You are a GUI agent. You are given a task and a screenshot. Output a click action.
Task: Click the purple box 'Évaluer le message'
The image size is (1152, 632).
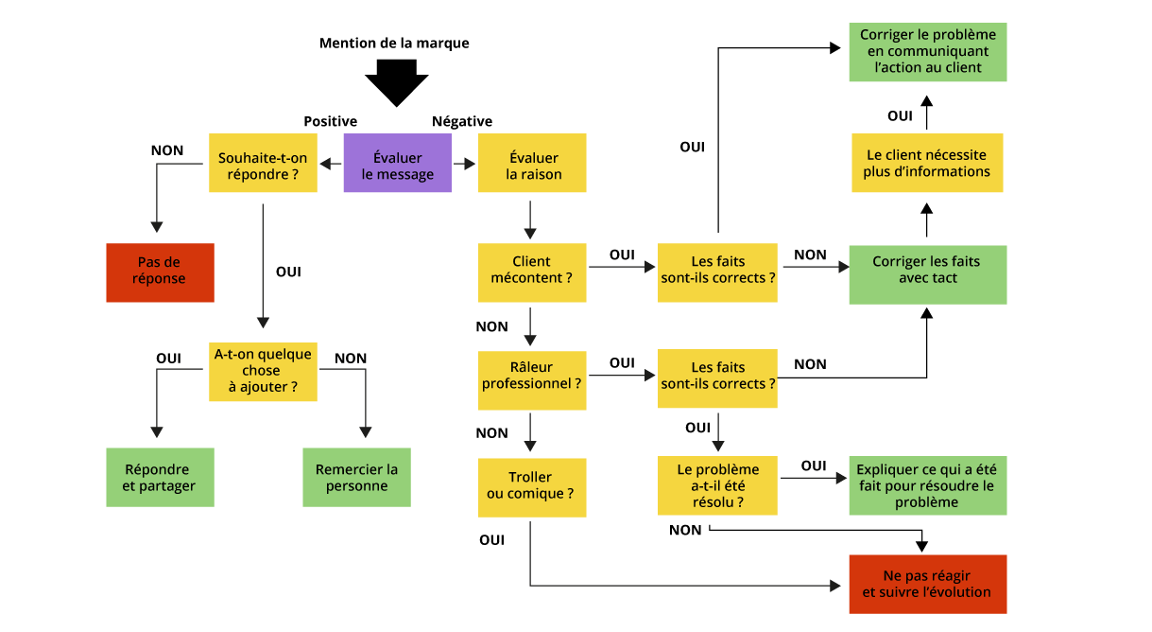coord(397,164)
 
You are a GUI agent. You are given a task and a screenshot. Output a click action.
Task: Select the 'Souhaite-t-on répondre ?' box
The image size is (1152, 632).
coord(263,164)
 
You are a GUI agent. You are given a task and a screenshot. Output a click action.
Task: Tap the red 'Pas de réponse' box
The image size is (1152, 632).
coord(160,272)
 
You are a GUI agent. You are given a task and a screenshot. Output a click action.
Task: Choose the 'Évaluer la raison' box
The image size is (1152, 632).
coord(532,164)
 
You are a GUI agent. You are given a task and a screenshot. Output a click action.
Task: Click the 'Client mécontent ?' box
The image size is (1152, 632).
coord(532,272)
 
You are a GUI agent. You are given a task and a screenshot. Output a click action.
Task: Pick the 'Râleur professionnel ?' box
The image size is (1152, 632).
coord(532,380)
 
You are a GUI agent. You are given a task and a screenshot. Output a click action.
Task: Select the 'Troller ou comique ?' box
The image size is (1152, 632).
coord(532,487)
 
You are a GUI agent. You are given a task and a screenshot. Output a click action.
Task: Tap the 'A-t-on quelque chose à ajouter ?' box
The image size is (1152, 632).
coord(263,371)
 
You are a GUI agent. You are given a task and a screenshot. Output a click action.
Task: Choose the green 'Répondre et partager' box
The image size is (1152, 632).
coord(160,477)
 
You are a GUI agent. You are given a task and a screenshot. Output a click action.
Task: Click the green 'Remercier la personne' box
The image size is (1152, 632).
coord(356,477)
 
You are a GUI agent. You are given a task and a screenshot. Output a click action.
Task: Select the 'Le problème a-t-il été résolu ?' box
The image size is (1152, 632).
coord(717,486)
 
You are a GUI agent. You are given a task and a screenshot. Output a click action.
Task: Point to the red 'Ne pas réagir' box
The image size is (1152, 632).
coord(927,584)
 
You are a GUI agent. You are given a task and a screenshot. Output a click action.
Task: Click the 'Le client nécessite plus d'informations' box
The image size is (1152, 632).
coord(926,164)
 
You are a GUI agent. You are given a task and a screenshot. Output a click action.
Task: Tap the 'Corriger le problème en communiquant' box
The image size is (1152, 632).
coord(927,52)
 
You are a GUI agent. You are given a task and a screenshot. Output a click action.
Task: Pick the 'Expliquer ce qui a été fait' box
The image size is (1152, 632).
coord(927,486)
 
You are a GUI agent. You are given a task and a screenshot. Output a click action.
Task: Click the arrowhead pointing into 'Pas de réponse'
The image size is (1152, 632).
coord(157,227)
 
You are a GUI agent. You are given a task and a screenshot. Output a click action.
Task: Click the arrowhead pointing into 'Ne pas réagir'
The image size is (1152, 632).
coord(834,586)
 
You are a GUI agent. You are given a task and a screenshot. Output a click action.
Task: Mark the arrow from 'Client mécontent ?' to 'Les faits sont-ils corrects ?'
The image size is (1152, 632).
coord(621,268)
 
